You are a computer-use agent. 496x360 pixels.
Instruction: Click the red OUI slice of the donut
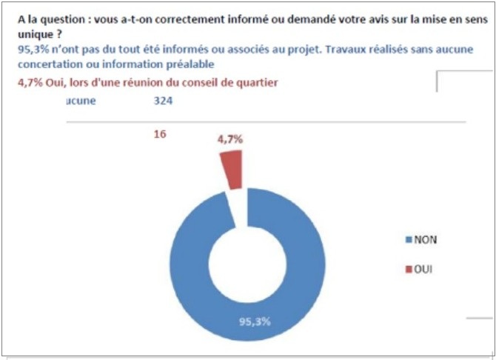point(232,167)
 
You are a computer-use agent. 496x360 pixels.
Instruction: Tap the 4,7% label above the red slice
point(230,139)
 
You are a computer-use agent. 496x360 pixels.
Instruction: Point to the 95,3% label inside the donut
point(253,322)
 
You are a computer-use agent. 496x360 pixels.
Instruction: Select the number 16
point(158,134)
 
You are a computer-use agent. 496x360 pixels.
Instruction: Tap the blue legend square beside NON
point(408,240)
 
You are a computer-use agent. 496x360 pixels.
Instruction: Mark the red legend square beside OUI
point(408,270)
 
